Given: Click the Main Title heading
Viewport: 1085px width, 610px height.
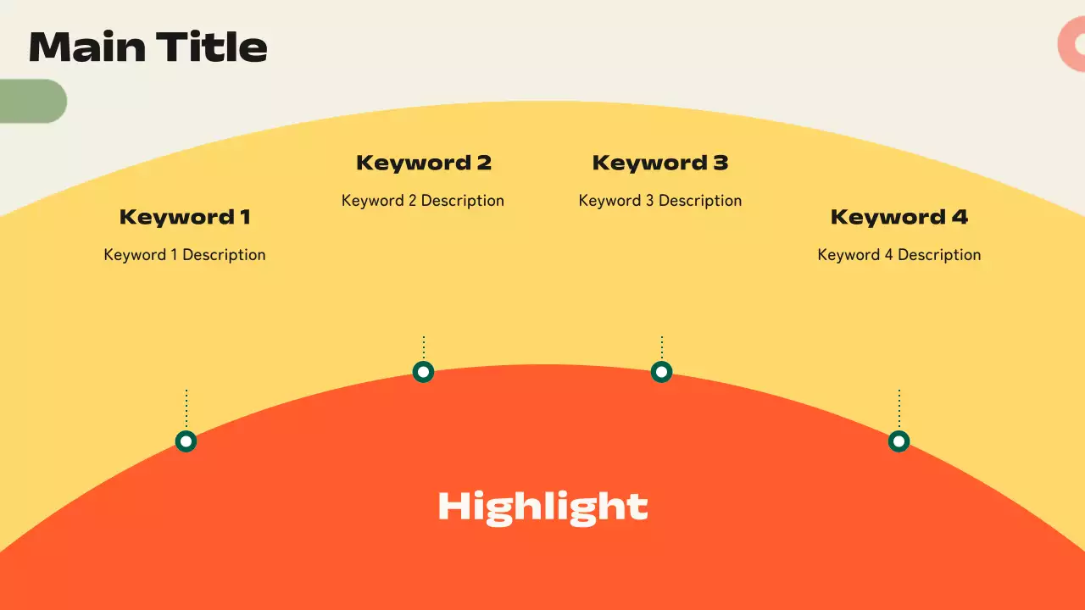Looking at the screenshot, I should click(148, 47).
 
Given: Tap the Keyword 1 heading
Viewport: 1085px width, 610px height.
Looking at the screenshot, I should click(185, 217).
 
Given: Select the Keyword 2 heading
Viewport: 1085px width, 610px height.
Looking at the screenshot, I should click(423, 163).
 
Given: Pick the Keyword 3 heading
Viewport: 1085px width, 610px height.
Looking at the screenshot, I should click(660, 163).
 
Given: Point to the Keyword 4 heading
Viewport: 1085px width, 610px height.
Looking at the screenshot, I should click(899, 217).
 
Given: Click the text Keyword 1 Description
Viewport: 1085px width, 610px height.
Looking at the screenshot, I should click(185, 255).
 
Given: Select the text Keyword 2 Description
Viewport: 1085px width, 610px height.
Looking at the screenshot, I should click(423, 201).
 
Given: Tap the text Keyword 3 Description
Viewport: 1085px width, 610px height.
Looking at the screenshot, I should click(660, 201).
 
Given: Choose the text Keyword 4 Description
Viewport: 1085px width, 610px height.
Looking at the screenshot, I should click(899, 255).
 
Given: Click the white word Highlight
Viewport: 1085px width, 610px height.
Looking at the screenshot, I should click(542, 507).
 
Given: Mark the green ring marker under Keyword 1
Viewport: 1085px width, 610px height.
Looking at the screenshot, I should click(186, 441).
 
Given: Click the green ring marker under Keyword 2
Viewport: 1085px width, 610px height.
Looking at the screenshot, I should click(423, 372).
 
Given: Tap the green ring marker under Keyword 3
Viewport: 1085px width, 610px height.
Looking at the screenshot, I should click(661, 372).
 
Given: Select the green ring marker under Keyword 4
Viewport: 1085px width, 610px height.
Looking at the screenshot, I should click(899, 441).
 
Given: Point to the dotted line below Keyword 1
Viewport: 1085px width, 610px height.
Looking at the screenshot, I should click(186, 408).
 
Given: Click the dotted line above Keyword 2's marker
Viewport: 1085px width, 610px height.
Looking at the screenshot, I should click(423, 347).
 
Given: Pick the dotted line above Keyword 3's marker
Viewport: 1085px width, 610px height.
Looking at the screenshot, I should click(661, 347).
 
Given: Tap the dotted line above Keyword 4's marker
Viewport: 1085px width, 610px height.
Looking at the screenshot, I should click(899, 408).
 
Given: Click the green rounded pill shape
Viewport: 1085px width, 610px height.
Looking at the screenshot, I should click(32, 101).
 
